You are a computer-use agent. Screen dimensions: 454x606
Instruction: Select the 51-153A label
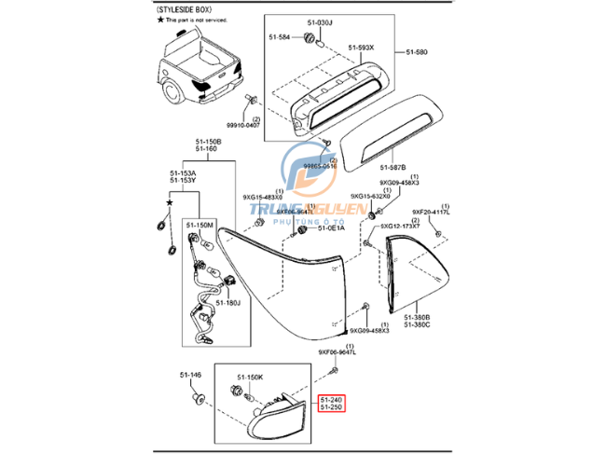(182, 172)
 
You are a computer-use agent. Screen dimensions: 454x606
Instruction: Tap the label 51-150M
(200, 226)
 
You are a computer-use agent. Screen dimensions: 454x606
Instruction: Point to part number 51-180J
(228, 302)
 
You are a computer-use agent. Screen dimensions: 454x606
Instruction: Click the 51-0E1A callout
(331, 228)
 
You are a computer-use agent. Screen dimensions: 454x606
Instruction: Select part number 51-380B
(417, 318)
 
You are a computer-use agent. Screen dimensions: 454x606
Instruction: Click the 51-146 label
(190, 375)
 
